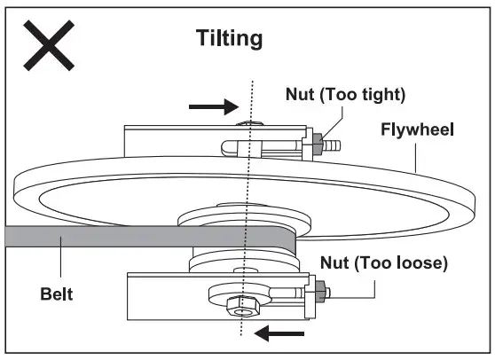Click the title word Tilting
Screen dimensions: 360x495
pyautogui.click(x=229, y=39)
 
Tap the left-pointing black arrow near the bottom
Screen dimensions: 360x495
pyautogui.click(x=279, y=333)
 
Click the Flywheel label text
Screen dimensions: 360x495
pyautogui.click(x=418, y=130)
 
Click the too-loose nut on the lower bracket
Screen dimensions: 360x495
pyautogui.click(x=317, y=289)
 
